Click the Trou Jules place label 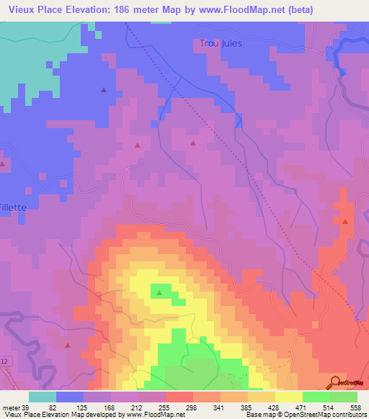(x=221, y=43)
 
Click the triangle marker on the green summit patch (x=158, y=292)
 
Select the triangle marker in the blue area (x=104, y=90)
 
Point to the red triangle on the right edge (x=345, y=222)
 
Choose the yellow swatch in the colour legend (x=288, y=396)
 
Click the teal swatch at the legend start (x=43, y=396)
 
